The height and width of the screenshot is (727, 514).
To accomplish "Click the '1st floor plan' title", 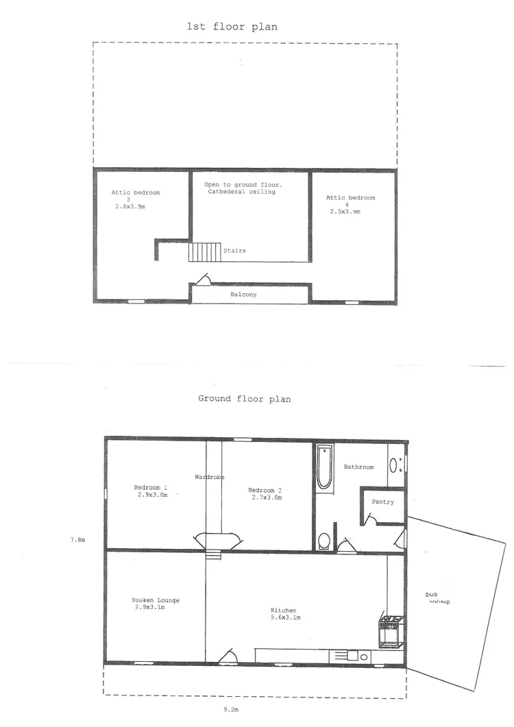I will coord(232,27).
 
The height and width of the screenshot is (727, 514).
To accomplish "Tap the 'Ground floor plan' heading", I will coord(244,398).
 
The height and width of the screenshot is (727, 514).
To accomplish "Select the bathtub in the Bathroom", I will coord(324,468).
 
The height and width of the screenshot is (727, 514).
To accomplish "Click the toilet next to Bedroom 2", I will coord(324,541).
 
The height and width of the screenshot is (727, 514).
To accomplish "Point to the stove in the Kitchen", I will coord(389,631).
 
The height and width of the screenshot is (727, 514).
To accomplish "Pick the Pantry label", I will coord(383,502).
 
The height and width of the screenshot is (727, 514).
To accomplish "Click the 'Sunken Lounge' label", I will coord(156,600).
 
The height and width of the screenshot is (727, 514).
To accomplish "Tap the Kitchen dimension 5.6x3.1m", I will coord(283,617).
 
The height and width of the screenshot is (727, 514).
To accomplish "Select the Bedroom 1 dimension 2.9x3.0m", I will coord(151,495).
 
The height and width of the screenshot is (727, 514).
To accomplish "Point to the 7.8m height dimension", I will coord(77,540).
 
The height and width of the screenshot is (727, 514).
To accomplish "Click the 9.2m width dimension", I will coord(232,711).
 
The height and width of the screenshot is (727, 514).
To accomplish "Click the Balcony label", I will coord(243,295).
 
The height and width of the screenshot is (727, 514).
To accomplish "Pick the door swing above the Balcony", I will coord(204,279).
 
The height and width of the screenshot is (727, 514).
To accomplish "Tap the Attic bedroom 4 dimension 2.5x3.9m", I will coord(344,212).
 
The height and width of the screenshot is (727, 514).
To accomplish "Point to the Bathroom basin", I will coord(393,466).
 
